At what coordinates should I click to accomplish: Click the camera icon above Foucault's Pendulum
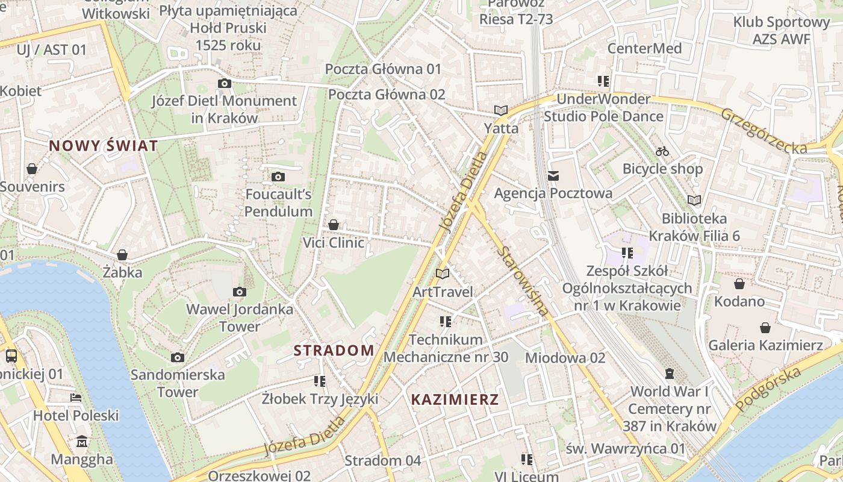pyautogui.click(x=278, y=177)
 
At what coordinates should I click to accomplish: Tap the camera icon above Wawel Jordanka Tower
pyautogui.click(x=239, y=292)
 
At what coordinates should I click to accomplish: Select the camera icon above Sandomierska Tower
pyautogui.click(x=177, y=357)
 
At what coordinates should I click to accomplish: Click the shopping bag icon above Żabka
pyautogui.click(x=122, y=255)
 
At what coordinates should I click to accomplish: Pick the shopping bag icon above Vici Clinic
pyautogui.click(x=334, y=225)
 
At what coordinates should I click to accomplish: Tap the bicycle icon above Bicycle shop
pyautogui.click(x=662, y=151)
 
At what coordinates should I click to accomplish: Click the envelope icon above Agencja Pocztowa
pyautogui.click(x=553, y=176)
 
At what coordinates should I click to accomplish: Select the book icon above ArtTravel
pyautogui.click(x=443, y=274)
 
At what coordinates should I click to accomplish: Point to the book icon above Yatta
pyautogui.click(x=501, y=110)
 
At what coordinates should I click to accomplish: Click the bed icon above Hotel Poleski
pyautogui.click(x=76, y=398)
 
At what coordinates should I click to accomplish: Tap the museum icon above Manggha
pyautogui.click(x=82, y=442)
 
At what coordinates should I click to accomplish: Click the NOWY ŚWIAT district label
pyautogui.click(x=104, y=146)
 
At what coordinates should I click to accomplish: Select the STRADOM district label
pyautogui.click(x=334, y=350)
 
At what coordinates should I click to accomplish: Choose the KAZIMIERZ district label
pyautogui.click(x=455, y=399)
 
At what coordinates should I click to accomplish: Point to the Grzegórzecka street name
pyautogui.click(x=764, y=130)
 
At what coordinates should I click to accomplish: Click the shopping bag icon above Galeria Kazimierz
pyautogui.click(x=765, y=328)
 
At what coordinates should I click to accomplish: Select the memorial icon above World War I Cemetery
pyautogui.click(x=669, y=374)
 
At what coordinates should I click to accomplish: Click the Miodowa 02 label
pyautogui.click(x=565, y=358)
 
